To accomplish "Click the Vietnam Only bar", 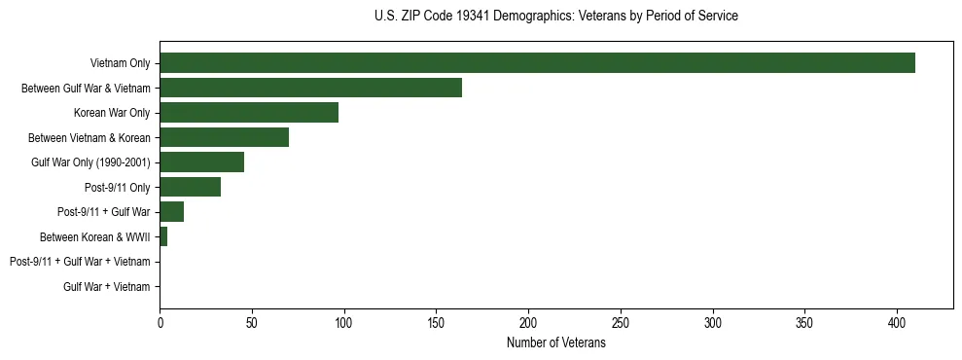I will coord(537,63).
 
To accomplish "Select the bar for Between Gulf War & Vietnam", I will coord(310,88).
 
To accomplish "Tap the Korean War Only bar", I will coord(249,113).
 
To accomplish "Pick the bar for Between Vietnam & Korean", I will coord(224,137).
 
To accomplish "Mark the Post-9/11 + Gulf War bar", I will coord(171,212).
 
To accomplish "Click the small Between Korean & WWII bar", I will coord(163,236).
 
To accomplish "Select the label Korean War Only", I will coord(112,113).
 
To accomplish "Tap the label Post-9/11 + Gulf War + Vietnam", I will coord(80,262).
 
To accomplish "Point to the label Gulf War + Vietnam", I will coord(107,286).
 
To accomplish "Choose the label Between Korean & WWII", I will coord(94,236).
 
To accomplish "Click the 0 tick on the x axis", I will coord(160,322).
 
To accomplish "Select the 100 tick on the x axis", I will coord(344,322).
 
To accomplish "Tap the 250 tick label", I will coord(621,322).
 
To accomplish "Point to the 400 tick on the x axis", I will coord(897,322).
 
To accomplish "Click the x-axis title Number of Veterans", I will coord(555,343).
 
